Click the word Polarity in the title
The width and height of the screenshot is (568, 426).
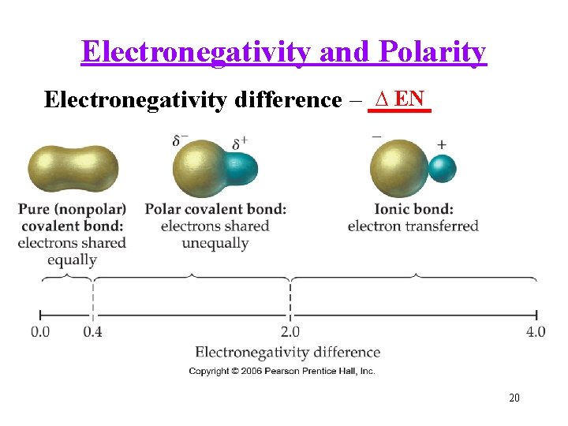[432, 52]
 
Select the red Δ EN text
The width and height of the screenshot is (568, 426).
[401, 99]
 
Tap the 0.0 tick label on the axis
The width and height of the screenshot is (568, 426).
[40, 331]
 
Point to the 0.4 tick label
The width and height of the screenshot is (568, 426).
[92, 331]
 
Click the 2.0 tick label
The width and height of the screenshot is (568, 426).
[290, 331]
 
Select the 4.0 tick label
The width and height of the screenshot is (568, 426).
[536, 331]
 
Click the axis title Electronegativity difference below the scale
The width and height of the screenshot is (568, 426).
[287, 352]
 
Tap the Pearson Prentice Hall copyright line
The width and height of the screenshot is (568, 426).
[282, 371]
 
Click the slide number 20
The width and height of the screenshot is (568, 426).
[514, 398]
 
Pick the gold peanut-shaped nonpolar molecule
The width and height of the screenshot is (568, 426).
[73, 168]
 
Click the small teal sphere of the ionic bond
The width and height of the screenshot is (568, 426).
[441, 168]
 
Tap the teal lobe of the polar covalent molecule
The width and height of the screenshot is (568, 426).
[241, 168]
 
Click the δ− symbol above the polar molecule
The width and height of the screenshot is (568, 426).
[180, 141]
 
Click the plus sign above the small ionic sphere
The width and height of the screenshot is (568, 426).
[441, 145]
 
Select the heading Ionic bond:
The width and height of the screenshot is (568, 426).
[413, 209]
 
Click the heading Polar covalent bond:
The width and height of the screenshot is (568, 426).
[215, 209]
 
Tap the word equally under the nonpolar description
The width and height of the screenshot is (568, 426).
[72, 260]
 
